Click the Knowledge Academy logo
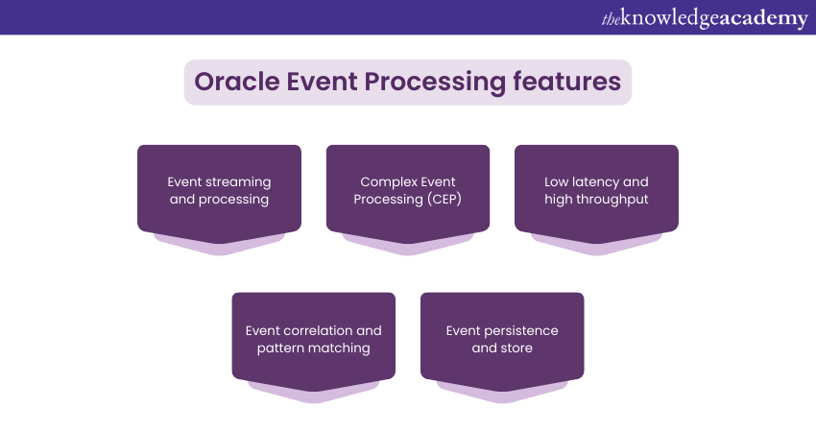click(704, 18)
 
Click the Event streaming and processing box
click(219, 190)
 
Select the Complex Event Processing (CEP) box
click(408, 190)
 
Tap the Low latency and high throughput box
click(596, 190)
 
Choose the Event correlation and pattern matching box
click(313, 339)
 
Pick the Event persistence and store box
click(502, 339)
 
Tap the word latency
click(596, 181)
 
